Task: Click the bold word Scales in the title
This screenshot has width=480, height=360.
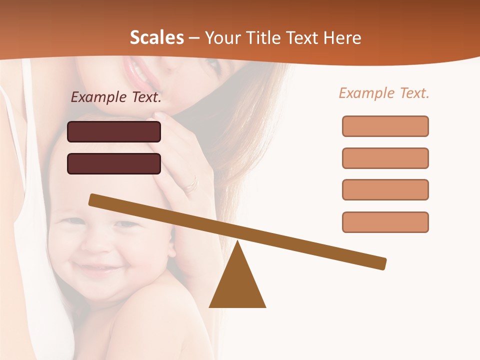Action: pyautogui.click(x=156, y=38)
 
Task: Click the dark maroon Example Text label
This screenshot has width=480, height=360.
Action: pyautogui.click(x=116, y=97)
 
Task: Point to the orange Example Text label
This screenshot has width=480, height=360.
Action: pyautogui.click(x=384, y=93)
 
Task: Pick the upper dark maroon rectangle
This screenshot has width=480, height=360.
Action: pyautogui.click(x=114, y=131)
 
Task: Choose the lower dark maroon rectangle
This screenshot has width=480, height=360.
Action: pyautogui.click(x=114, y=163)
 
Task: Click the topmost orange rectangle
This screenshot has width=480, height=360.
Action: pyautogui.click(x=385, y=126)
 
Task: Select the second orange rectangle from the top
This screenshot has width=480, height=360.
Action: pyautogui.click(x=385, y=158)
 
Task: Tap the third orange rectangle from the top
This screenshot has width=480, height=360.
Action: pyautogui.click(x=385, y=189)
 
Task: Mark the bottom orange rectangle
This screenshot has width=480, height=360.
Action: pyautogui.click(x=385, y=222)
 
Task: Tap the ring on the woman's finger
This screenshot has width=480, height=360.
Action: pyautogui.click(x=191, y=185)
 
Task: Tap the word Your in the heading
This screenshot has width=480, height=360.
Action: pyautogui.click(x=222, y=38)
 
